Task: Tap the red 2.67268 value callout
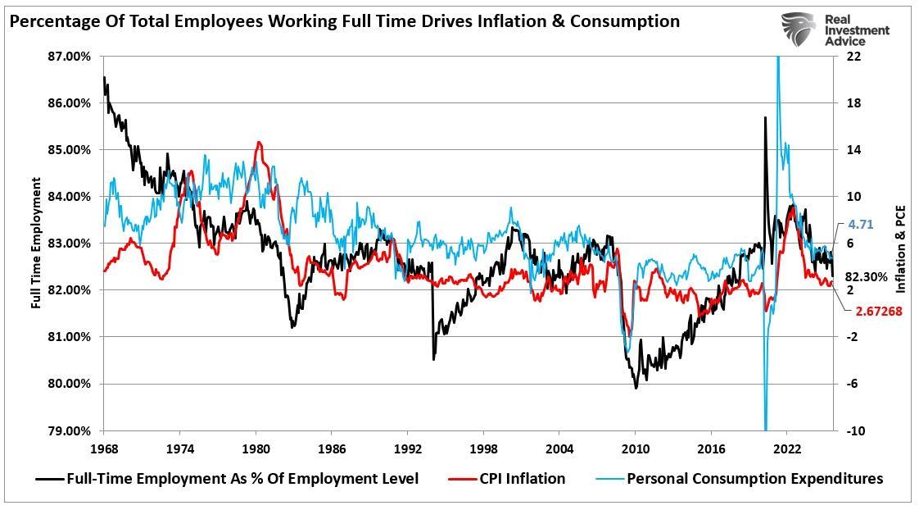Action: point(879,312)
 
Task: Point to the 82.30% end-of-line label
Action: point(867,277)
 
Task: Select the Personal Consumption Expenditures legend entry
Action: point(754,479)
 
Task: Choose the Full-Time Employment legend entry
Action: point(242,479)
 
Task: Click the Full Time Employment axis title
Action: point(36,243)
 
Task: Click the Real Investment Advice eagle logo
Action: point(798,30)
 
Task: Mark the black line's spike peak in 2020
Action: point(765,117)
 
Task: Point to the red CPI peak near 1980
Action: point(259,143)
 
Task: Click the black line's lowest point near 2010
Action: point(636,387)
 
